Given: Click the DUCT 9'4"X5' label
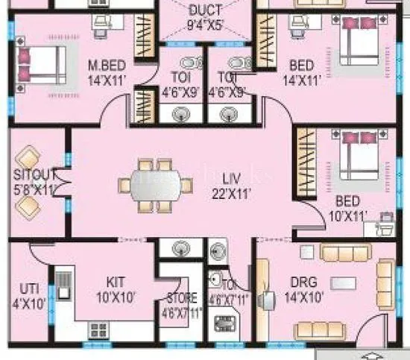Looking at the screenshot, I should pyautogui.click(x=204, y=17).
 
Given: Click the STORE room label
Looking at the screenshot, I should pyautogui.click(x=180, y=306).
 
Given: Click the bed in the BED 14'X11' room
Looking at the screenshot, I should pyautogui.click(x=361, y=44).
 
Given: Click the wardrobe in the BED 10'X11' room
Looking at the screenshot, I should pyautogui.click(x=306, y=162).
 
